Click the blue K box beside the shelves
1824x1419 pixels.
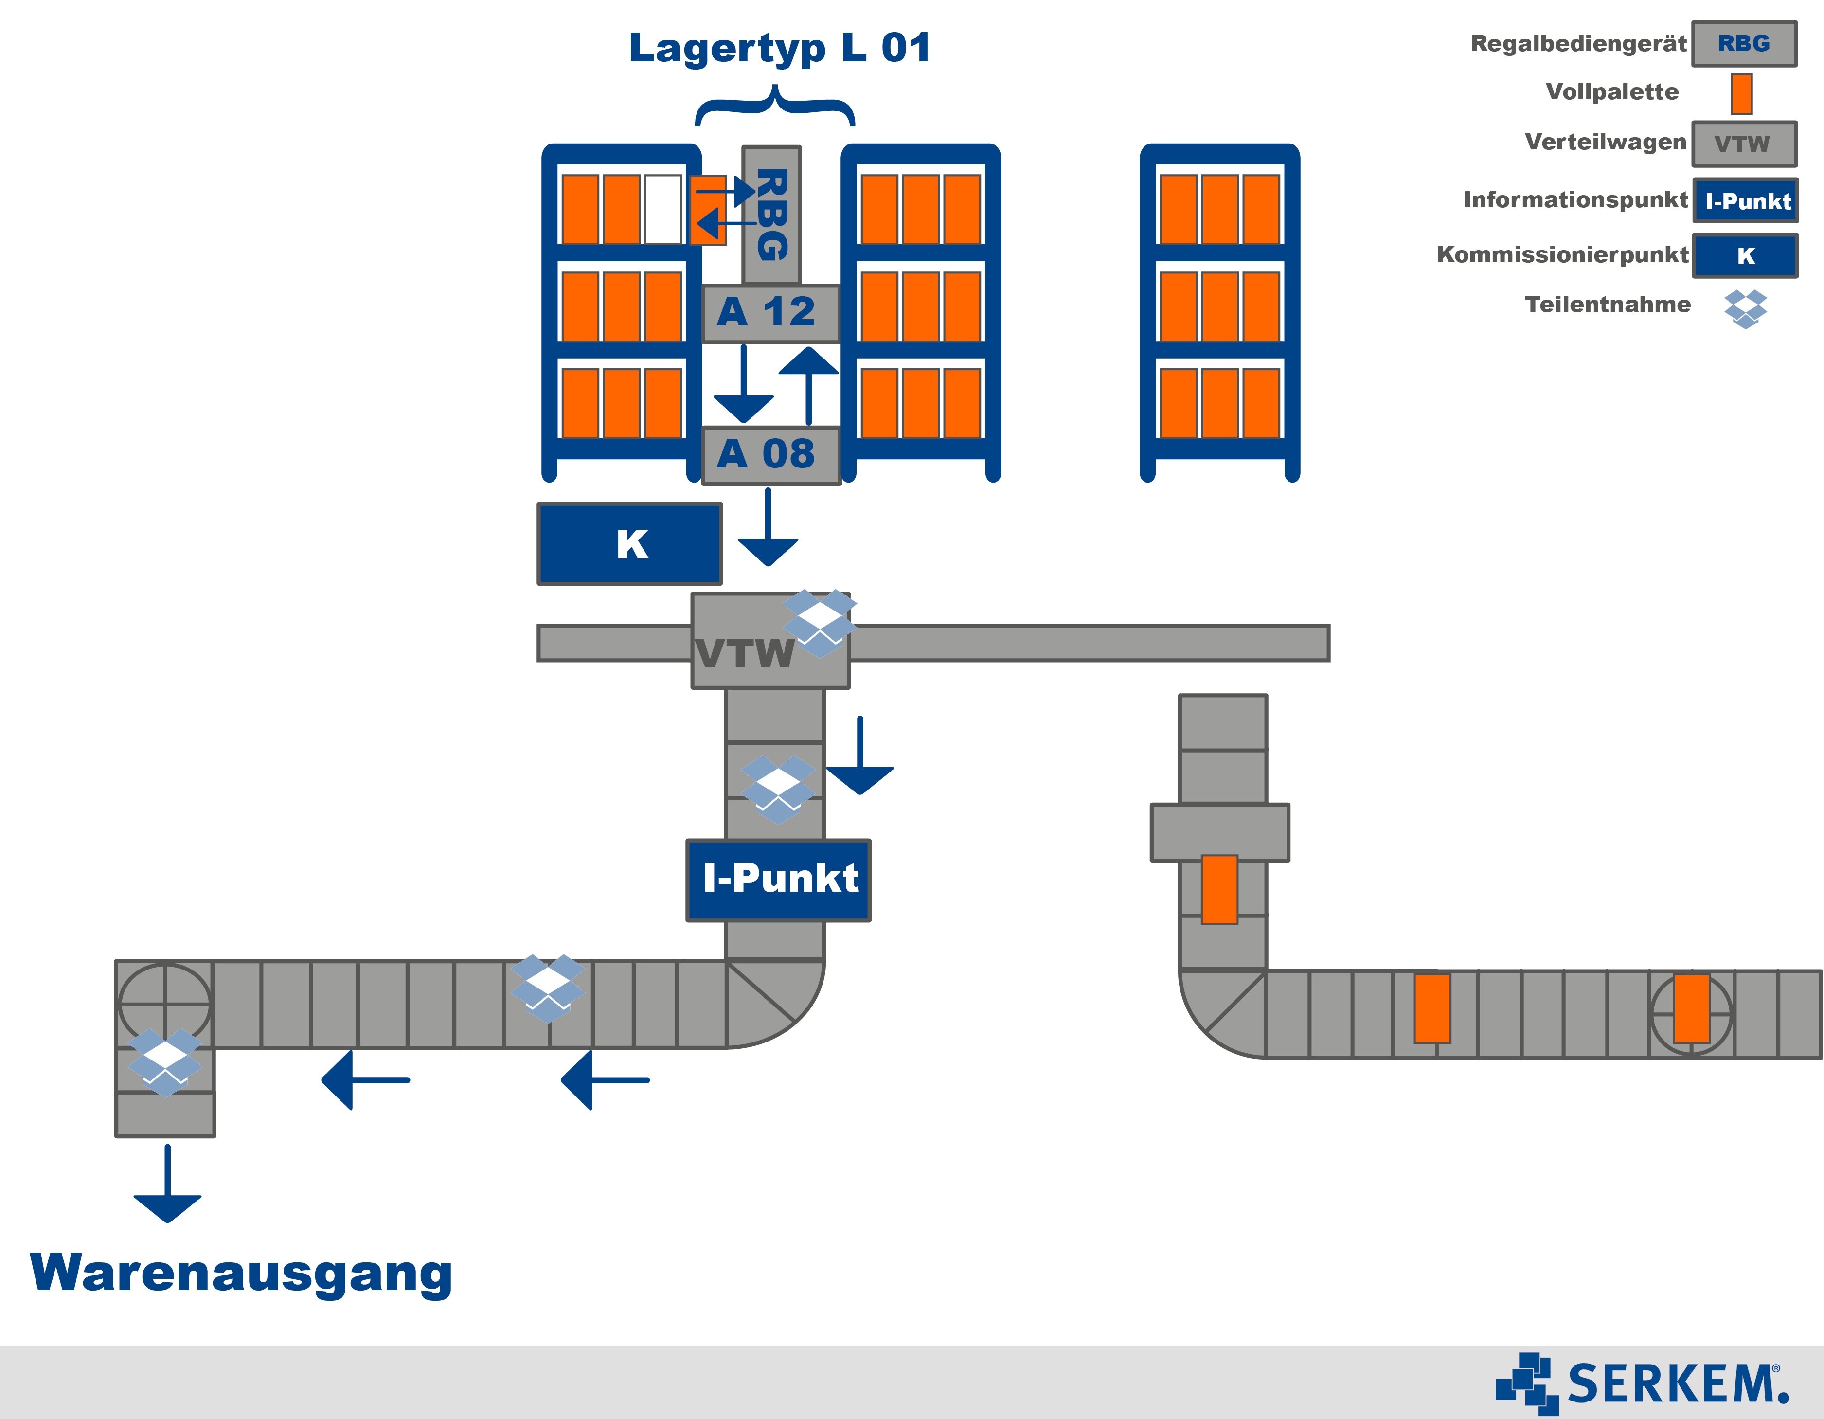click(x=630, y=544)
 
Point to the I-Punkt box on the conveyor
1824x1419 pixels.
click(x=778, y=880)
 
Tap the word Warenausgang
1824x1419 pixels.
click(x=241, y=1273)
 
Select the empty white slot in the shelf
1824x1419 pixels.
click(x=663, y=209)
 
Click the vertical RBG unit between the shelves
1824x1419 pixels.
click(x=772, y=215)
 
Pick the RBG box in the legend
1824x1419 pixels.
click(x=1744, y=43)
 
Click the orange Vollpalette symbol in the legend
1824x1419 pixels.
click(x=1741, y=93)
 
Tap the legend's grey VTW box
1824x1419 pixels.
click(x=1744, y=144)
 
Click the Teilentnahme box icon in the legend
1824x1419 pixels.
click(x=1746, y=308)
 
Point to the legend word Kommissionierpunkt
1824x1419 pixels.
click(x=1562, y=255)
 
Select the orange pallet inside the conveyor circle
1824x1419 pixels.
click(x=1691, y=1009)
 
